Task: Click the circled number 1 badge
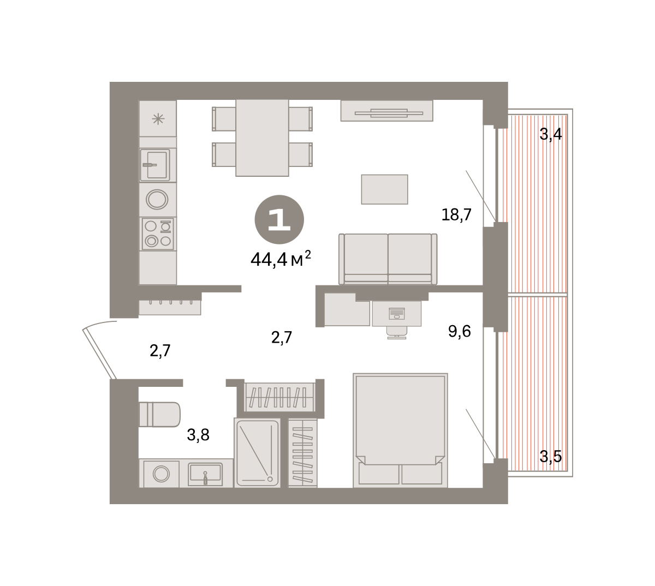pyautogui.click(x=279, y=219)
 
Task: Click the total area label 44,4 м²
pyautogui.click(x=281, y=259)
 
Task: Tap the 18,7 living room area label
pyautogui.click(x=456, y=214)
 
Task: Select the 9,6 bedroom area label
pyautogui.click(x=459, y=331)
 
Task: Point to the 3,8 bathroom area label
pyautogui.click(x=198, y=435)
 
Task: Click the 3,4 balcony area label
pyautogui.click(x=551, y=134)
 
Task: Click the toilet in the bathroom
pyautogui.click(x=159, y=414)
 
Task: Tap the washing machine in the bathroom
pyautogui.click(x=160, y=474)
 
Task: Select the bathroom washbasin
pyautogui.click(x=205, y=474)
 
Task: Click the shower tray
pyautogui.click(x=257, y=452)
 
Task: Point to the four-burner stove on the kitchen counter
pyautogui.click(x=158, y=234)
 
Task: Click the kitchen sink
pyautogui.click(x=155, y=165)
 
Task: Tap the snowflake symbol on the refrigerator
pyautogui.click(x=158, y=119)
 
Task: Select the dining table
pyautogui.click(x=262, y=137)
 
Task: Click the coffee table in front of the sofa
pyautogui.click(x=384, y=189)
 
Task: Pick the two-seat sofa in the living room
pyautogui.click(x=388, y=259)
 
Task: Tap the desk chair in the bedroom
pyautogui.click(x=397, y=333)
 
